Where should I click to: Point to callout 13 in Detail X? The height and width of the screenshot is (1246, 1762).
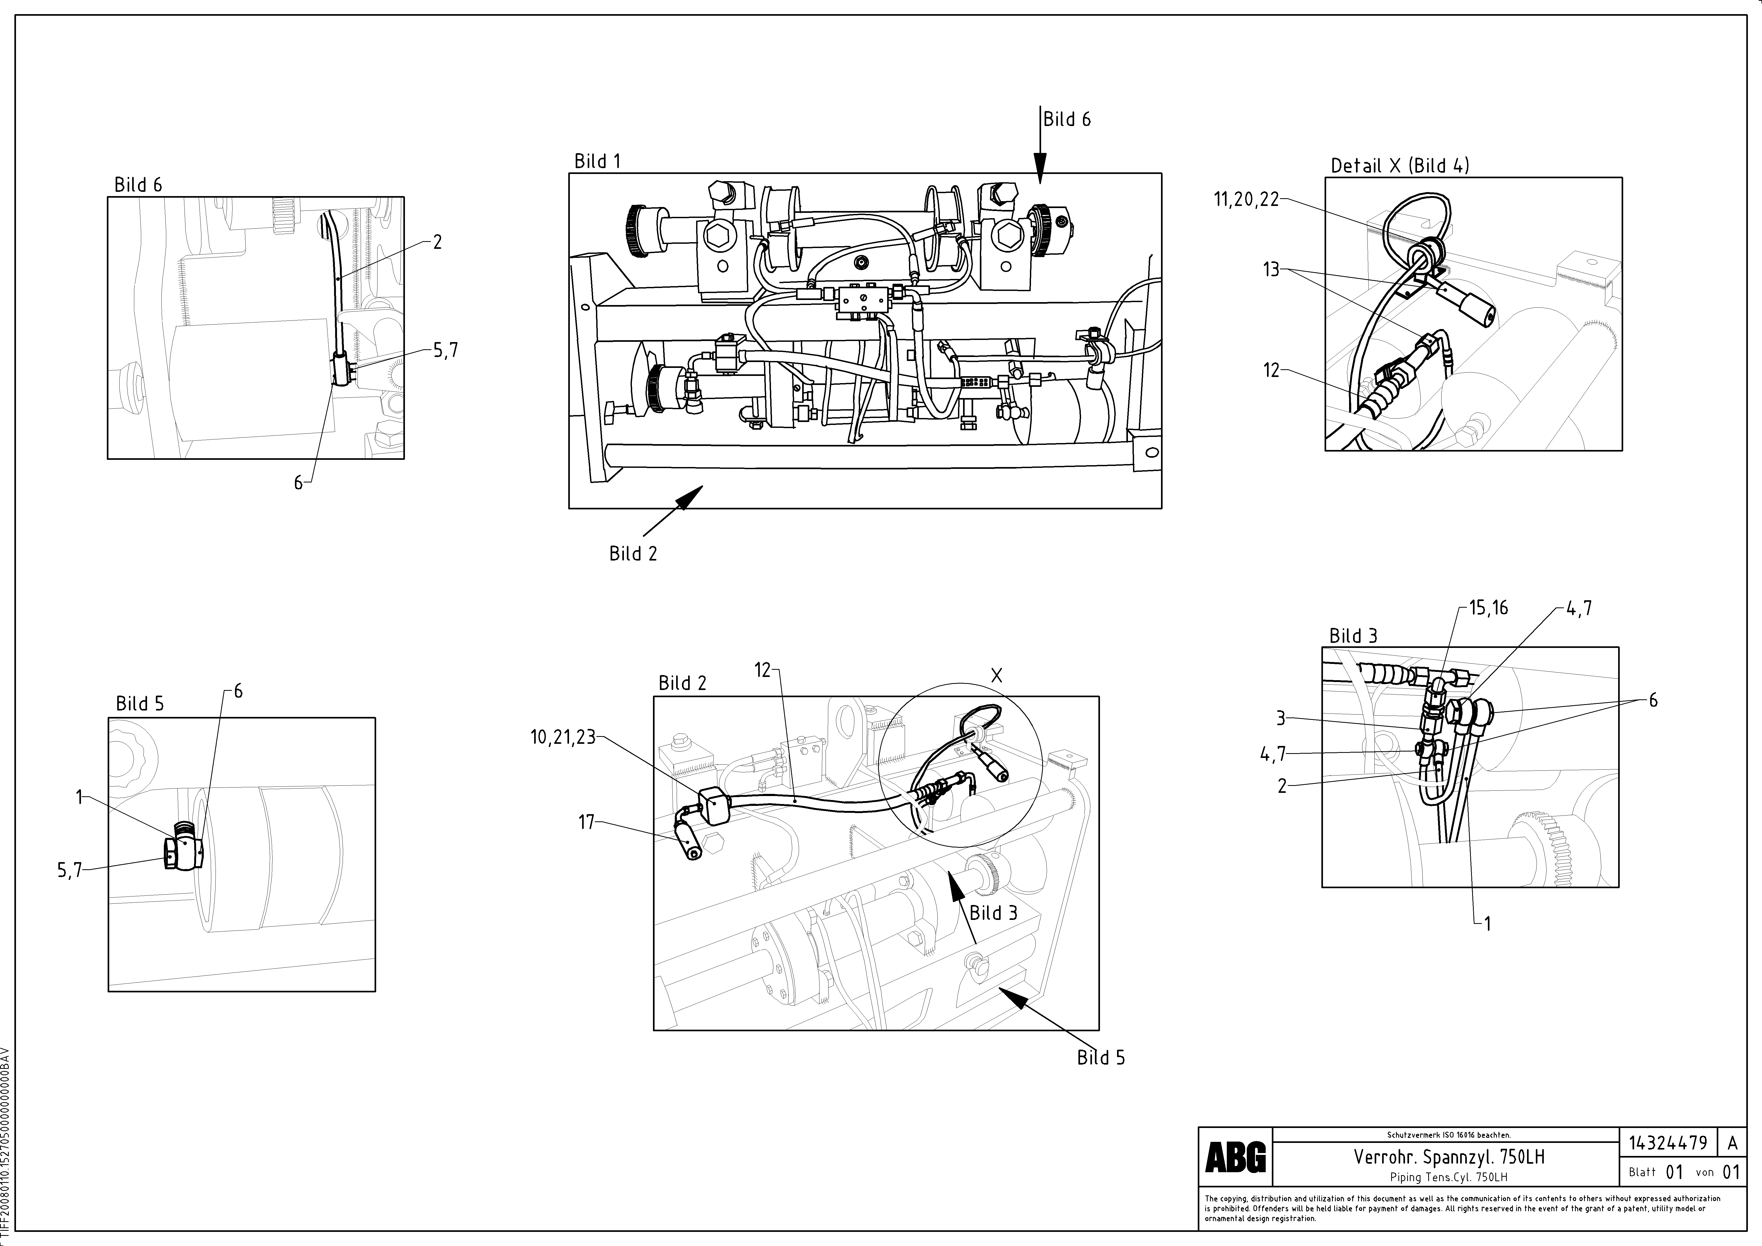pyautogui.click(x=1272, y=270)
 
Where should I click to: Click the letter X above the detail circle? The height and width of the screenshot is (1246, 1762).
pyautogui.click(x=996, y=675)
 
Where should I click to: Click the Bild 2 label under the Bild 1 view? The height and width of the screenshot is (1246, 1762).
pyautogui.click(x=633, y=553)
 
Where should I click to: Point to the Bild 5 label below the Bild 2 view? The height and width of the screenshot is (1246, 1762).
pyautogui.click(x=1101, y=1057)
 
